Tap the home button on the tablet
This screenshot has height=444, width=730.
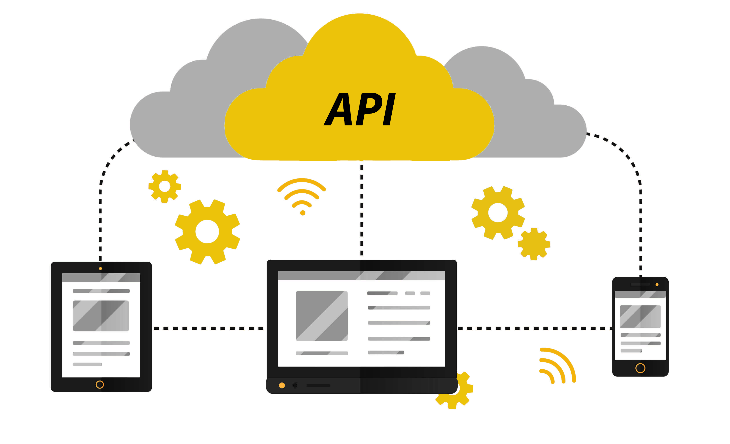coord(100,384)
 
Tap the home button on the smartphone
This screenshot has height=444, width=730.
coord(640,368)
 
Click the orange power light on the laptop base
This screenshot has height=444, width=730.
coord(282,385)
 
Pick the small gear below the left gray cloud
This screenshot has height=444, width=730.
coord(165,186)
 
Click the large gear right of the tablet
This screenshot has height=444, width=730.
coord(207,232)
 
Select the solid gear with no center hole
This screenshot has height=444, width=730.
coord(534,244)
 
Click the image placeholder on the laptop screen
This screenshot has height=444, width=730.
coord(321,316)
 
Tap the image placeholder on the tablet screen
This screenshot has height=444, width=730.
coord(101,316)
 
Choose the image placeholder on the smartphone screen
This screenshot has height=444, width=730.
coord(640,317)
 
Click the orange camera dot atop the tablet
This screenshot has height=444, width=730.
coord(100,269)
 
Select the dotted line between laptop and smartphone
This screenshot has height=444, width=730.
coord(533,328)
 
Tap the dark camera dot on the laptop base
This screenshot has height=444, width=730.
coord(295,385)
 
